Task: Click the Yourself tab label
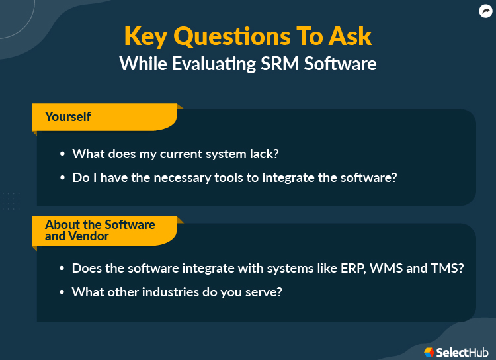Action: pyautogui.click(x=68, y=117)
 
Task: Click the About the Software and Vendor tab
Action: pyautogui.click(x=100, y=230)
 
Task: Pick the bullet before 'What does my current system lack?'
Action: pyautogui.click(x=63, y=154)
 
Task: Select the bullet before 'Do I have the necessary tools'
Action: pyautogui.click(x=63, y=178)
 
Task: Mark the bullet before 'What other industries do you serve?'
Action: pyautogui.click(x=63, y=292)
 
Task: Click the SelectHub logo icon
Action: pyautogui.click(x=429, y=352)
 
